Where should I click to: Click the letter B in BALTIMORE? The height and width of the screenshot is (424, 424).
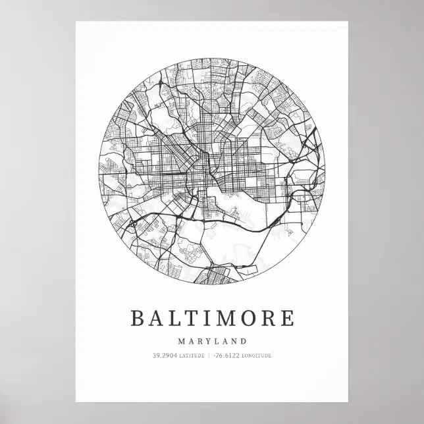[138, 318]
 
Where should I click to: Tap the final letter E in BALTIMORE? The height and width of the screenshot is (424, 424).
[288, 318]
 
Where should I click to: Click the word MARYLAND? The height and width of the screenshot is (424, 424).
[212, 341]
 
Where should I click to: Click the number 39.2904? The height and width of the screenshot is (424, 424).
[164, 356]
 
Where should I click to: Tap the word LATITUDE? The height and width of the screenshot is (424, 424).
[190, 356]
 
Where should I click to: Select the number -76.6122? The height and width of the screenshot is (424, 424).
[226, 356]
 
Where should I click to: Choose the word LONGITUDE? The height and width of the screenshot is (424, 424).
[257, 356]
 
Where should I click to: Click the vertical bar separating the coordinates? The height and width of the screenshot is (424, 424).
[208, 356]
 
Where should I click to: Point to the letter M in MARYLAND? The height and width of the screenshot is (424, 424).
[181, 341]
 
